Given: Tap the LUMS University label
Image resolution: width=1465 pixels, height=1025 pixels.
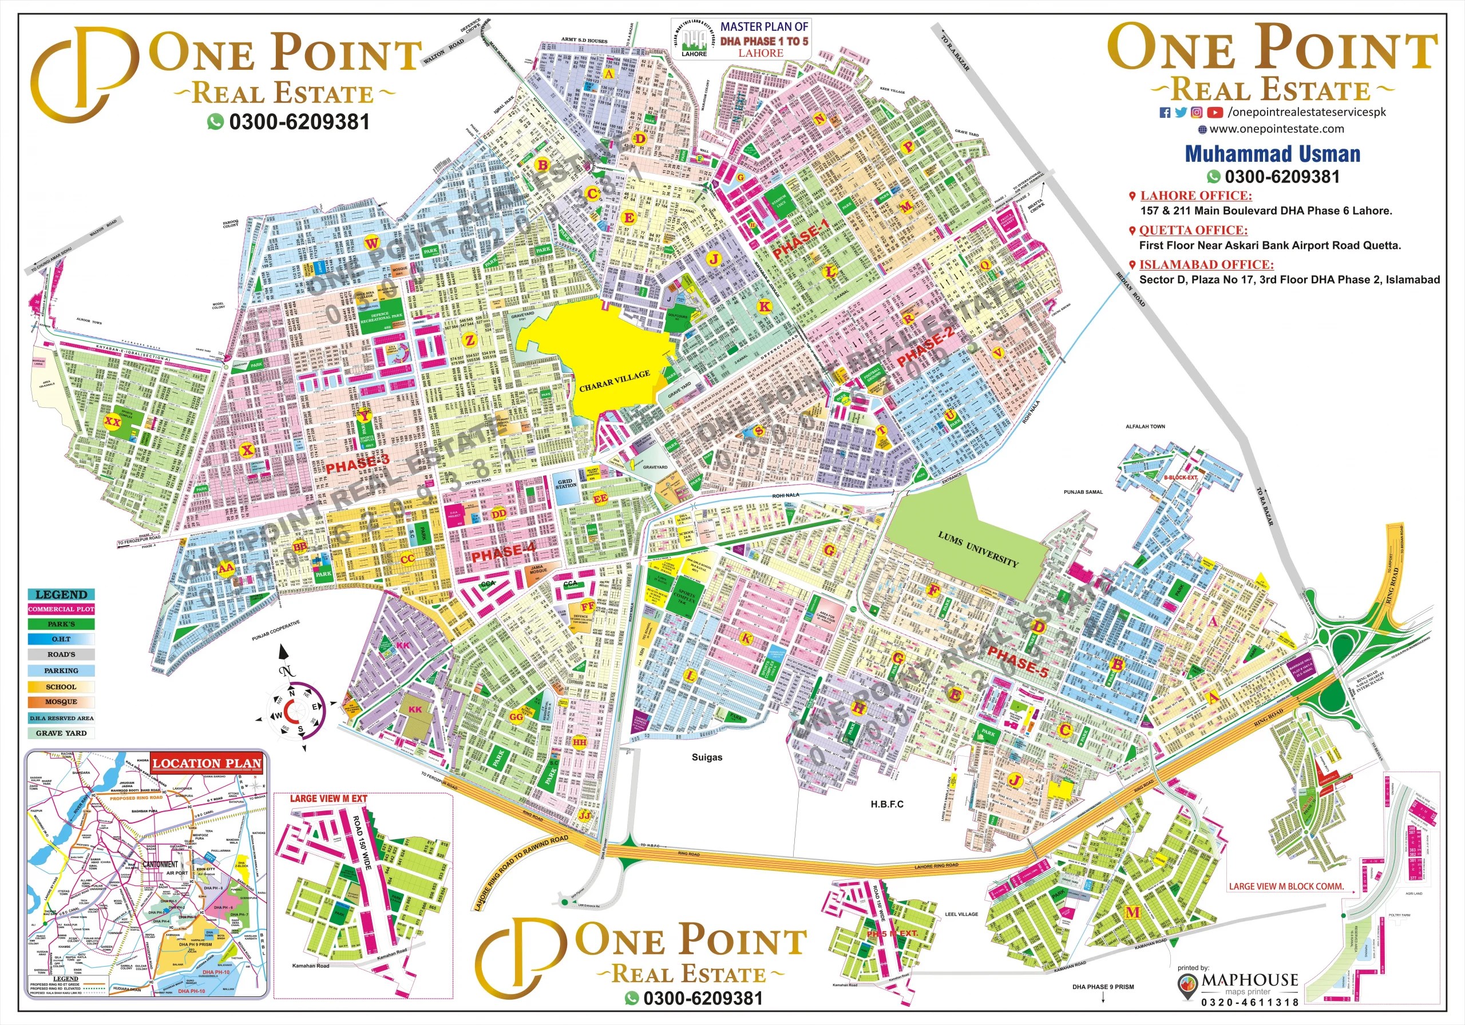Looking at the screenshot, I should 977,549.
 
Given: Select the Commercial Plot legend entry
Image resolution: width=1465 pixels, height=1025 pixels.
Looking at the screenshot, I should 61,609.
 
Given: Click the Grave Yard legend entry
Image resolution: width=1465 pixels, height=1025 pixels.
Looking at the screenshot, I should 61,733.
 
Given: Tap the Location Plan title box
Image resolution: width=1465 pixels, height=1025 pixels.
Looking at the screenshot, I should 207,764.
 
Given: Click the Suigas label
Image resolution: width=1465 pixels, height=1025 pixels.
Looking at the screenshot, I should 707,757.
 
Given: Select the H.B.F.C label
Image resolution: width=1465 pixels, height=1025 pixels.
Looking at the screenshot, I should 887,804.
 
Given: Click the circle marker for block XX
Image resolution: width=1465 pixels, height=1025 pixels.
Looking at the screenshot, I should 112,422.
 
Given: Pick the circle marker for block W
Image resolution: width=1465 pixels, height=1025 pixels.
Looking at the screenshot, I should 372,243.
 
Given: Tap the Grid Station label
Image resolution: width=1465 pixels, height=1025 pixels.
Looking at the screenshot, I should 565,483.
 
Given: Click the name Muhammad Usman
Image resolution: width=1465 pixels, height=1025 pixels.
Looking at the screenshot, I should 1272,154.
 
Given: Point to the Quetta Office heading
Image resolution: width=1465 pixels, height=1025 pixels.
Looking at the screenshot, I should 1193,231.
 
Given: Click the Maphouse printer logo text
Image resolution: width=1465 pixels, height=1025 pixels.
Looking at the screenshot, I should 1249,979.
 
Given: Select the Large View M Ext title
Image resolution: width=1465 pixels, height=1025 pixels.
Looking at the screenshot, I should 328,798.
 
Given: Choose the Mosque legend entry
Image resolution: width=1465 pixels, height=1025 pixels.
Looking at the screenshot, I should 61,702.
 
